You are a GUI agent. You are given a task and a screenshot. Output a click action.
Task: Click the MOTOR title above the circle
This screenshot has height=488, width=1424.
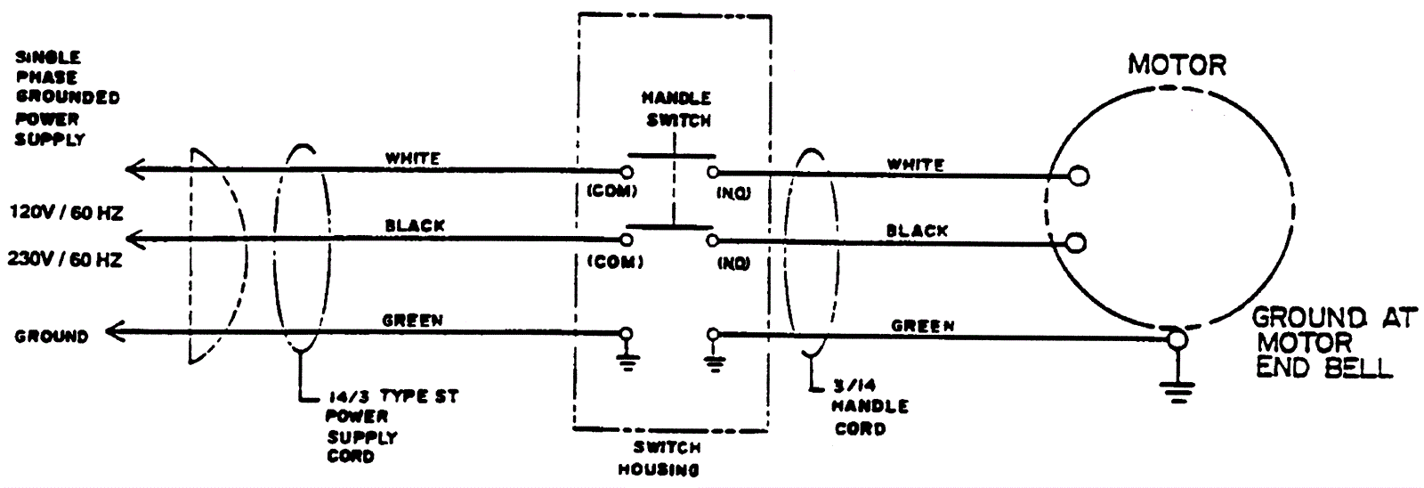click(1177, 65)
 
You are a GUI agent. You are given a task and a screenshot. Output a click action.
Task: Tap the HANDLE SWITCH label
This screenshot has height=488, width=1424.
click(676, 108)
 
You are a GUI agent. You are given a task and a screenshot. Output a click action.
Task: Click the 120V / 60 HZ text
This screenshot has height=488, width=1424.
click(65, 214)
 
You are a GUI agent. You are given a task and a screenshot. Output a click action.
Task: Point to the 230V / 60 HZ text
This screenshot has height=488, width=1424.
click(65, 260)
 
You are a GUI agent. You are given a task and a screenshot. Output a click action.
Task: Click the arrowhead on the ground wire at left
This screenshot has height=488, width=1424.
click(113, 333)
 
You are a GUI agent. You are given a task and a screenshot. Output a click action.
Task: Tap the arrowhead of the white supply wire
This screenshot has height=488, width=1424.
click(133, 168)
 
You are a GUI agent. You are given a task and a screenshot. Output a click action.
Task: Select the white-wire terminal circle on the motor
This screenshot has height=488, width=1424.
click(1078, 175)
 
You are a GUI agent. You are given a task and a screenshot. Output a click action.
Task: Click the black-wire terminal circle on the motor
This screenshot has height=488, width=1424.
click(1076, 242)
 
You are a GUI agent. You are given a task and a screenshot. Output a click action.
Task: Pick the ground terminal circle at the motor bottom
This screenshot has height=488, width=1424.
click(1177, 338)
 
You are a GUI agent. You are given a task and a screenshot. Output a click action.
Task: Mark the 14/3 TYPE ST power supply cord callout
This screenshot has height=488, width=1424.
click(392, 426)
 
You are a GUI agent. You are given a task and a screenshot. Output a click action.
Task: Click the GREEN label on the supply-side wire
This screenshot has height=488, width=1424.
click(412, 319)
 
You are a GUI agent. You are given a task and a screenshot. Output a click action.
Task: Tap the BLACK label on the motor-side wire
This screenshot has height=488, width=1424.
click(917, 231)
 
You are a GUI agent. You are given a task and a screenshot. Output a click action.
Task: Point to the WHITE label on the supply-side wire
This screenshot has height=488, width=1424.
click(412, 159)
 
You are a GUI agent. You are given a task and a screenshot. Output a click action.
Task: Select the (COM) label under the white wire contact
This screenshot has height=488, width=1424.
click(611, 190)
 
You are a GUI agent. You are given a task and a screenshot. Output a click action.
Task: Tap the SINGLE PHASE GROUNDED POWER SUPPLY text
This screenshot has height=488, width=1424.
click(67, 98)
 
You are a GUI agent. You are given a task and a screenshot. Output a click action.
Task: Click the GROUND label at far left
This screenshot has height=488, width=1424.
click(51, 337)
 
